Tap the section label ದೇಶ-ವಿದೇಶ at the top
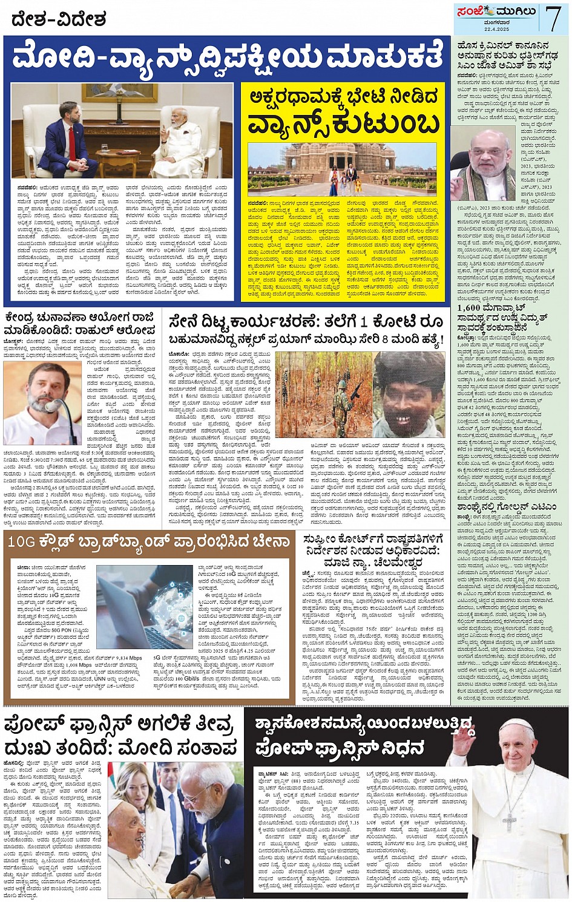(59, 20)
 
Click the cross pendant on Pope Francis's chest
(510, 822)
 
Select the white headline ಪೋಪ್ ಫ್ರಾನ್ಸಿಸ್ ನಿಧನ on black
(339, 748)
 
